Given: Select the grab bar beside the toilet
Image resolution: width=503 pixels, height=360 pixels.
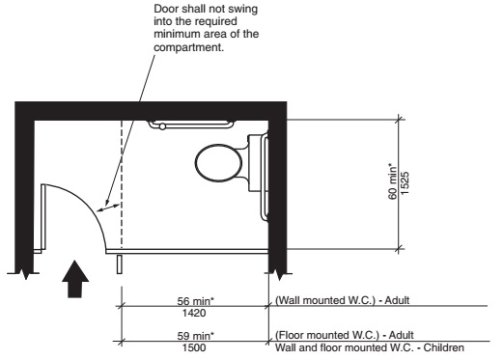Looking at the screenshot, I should click(262, 176).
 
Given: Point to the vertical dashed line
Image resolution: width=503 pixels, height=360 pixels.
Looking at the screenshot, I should click(120, 174).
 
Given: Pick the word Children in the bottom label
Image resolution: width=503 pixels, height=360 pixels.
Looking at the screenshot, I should click(443, 347).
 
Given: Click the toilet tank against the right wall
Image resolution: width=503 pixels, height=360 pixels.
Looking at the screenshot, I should click(255, 160).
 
